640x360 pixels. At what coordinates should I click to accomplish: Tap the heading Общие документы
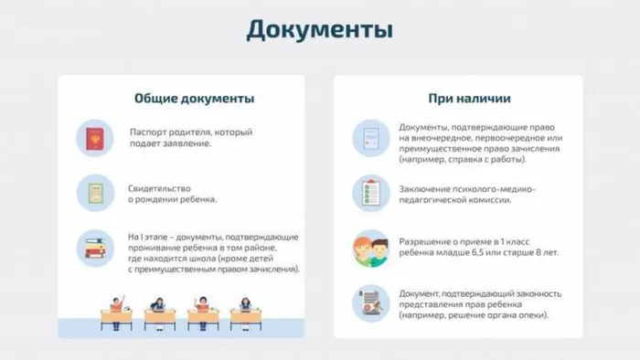(x=194, y=98)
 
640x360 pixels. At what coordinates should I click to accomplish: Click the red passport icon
(x=94, y=138)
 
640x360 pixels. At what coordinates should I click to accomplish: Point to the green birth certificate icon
(x=94, y=194)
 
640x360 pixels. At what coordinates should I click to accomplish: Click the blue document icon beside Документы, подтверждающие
(x=371, y=138)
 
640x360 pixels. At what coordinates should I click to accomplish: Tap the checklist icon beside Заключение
(x=371, y=194)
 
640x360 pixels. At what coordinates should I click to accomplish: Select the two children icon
(x=371, y=249)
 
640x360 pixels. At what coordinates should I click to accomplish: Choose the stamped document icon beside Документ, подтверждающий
(x=371, y=303)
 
